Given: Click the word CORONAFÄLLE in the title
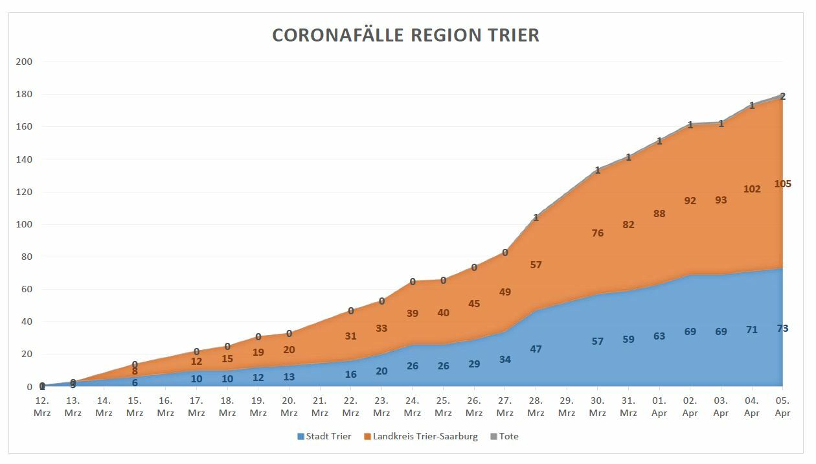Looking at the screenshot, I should (x=338, y=35).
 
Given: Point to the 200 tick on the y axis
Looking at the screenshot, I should (x=25, y=62).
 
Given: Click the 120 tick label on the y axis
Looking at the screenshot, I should (x=25, y=192).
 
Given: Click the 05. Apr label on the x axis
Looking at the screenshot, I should (x=782, y=407).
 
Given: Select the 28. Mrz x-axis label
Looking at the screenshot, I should (x=536, y=407).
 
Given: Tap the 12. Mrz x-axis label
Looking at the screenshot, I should (x=42, y=407).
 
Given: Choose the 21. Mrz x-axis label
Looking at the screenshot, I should (x=320, y=407).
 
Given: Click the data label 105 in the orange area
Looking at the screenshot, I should (x=782, y=184).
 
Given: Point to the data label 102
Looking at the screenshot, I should (x=752, y=189).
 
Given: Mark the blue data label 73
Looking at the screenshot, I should (x=782, y=329).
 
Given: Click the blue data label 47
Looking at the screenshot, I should (x=536, y=349).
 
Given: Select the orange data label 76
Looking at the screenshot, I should (x=597, y=233).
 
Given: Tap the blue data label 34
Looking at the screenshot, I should (x=504, y=360).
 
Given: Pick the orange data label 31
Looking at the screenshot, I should (x=350, y=336).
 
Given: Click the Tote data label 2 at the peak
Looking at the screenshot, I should (x=782, y=97).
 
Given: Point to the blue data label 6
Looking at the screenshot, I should (x=135, y=383).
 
